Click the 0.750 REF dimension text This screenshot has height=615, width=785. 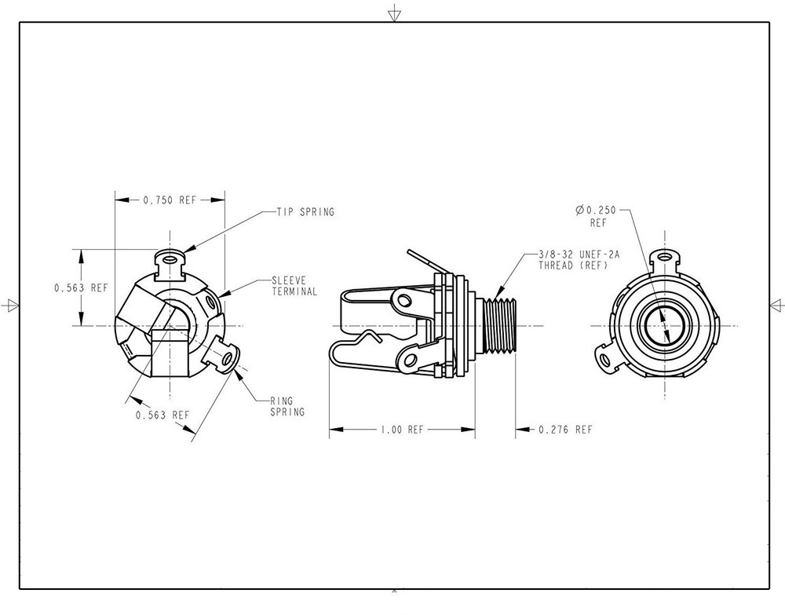170,200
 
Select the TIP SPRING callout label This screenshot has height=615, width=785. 305,212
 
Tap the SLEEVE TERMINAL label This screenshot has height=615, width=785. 294,286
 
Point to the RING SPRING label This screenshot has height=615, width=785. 287,406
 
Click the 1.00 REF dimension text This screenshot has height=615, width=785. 402,430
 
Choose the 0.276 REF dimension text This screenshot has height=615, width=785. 565,430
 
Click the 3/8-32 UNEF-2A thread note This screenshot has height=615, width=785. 579,260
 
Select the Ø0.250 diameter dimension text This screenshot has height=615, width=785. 596,216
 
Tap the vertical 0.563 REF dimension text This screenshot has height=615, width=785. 81,288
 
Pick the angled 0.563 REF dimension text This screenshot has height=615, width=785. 162,415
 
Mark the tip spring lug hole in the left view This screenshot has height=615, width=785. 170,260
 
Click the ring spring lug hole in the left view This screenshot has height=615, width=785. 228,359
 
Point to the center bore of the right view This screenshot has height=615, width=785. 665,325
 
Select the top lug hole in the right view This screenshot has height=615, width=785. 665,258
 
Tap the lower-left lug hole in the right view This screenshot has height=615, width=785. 606,360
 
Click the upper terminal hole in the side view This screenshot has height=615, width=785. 404,301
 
